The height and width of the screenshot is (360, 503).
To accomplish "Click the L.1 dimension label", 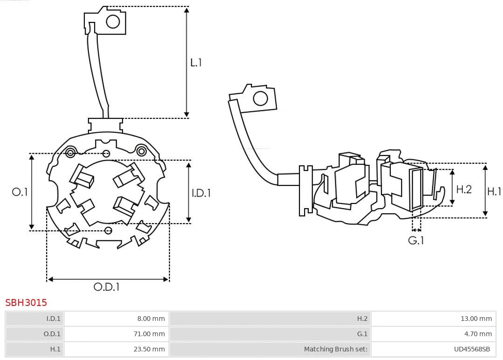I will [196, 62].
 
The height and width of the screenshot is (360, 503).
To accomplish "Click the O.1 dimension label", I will [20, 192].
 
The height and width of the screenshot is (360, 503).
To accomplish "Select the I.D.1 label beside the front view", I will [201, 192].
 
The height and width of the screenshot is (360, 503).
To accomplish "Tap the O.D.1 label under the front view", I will [106, 287].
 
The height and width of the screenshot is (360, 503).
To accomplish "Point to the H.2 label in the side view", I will [463, 189].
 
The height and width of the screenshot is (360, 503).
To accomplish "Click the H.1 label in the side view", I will [494, 191].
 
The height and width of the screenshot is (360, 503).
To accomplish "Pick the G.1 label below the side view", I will [416, 240].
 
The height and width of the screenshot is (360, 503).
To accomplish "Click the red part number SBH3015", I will [26, 303].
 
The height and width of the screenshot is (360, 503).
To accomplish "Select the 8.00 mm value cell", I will [116, 319].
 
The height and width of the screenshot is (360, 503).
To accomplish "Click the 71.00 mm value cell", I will [116, 333].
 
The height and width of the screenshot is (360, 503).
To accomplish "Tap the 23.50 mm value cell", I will [116, 349].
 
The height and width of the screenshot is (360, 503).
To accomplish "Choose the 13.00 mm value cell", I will [433, 319].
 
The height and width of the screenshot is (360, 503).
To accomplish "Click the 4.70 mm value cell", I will [433, 333].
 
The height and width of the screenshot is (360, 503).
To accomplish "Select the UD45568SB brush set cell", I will [433, 349].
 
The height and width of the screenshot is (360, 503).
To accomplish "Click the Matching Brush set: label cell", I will [270, 349].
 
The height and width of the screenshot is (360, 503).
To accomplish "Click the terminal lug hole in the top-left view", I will [113, 21].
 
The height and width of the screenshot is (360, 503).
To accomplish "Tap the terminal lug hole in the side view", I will [260, 99].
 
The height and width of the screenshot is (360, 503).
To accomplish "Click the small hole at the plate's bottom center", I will [109, 230].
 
